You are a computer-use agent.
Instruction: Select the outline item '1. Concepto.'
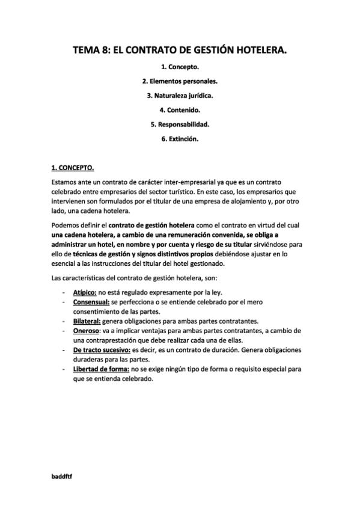coord(180,67)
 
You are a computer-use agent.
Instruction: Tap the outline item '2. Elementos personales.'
coord(180,81)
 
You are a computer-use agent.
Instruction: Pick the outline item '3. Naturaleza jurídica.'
coord(180,96)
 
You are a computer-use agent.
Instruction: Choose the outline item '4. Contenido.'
coord(180,110)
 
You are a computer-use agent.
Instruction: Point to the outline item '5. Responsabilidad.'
coord(180,124)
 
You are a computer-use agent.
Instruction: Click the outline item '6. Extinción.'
coord(180,139)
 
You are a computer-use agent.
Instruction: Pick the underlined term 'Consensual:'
coord(91,301)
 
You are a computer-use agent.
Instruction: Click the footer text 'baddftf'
coord(63,475)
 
